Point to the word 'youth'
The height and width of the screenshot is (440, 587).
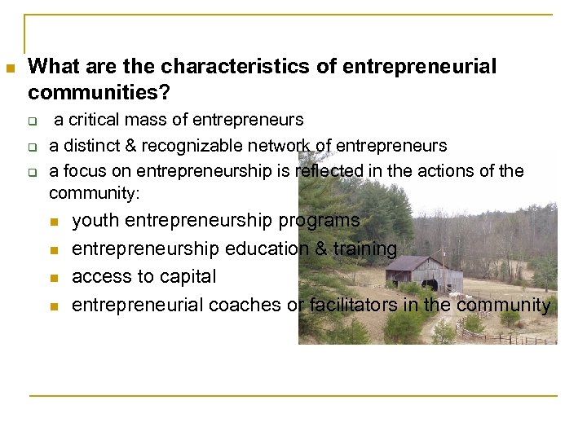pyautogui.click(x=95, y=221)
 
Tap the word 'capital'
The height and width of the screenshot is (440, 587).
pyautogui.click(x=188, y=277)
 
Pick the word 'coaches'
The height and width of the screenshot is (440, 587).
pyautogui.click(x=241, y=305)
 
